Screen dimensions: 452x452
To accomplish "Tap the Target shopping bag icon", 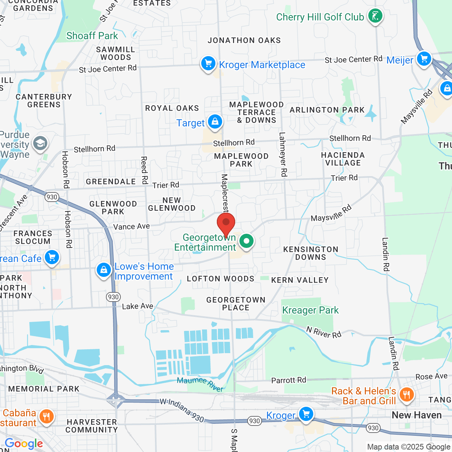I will click(215, 122).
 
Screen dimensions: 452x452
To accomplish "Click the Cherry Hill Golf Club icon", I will click(375, 16).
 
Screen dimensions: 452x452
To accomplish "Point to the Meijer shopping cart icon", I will click(424, 59).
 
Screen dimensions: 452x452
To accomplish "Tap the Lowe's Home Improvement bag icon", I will click(103, 270).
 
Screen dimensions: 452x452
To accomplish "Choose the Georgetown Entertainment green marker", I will click(246, 242).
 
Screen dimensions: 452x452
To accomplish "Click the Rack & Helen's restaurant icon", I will click(406, 394).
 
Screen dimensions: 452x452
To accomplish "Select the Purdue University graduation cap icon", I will click(40, 144).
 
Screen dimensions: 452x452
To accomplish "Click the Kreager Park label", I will click(310, 310).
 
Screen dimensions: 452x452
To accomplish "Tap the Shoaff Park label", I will click(92, 36).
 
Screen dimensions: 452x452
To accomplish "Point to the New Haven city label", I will click(417, 415).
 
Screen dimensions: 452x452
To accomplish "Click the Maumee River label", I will click(200, 384).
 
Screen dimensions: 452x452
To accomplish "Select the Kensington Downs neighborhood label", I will click(311, 253).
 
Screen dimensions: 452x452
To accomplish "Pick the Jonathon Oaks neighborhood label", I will click(244, 41).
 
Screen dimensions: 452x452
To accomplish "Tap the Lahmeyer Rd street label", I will click(283, 154).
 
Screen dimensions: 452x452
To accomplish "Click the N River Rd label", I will click(324, 332).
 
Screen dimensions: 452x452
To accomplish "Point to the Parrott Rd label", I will click(289, 380).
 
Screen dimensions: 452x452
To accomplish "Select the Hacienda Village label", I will click(343, 159).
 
